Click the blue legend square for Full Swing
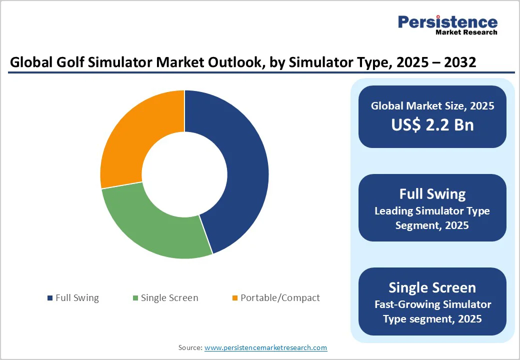tap(50, 298)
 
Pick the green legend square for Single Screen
tap(135, 298)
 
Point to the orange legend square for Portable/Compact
tap(235, 298)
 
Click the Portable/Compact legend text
tap(280, 298)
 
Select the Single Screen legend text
tap(169, 298)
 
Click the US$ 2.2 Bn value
tap(432, 124)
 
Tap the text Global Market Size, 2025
tap(432, 106)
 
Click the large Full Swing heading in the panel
tap(432, 194)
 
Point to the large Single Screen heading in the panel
tap(432, 287)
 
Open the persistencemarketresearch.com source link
tap(265, 347)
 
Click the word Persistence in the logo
tap(447, 22)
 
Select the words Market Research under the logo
tap(466, 32)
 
